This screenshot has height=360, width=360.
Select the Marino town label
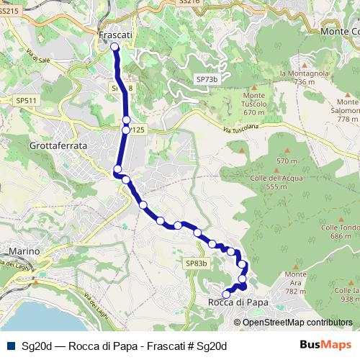23,251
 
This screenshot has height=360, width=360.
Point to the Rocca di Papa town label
238,303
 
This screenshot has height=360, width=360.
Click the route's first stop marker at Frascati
114,48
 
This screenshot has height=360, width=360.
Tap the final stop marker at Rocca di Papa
226,294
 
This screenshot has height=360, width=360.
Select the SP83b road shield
196,264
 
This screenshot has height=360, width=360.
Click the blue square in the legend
10,346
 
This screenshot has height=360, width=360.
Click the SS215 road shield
9,22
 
